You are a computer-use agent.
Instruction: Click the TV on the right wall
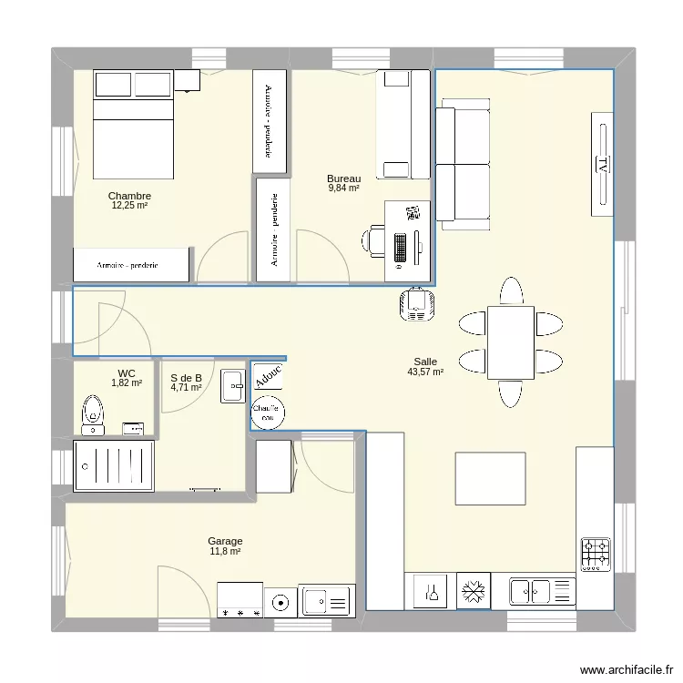(601, 164)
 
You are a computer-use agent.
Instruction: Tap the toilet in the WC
(92, 413)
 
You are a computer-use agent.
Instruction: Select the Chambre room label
(129, 196)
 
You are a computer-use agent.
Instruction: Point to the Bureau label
(343, 178)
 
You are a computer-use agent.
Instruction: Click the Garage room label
(225, 541)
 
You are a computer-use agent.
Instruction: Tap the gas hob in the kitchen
(596, 554)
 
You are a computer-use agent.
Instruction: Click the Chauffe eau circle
(268, 413)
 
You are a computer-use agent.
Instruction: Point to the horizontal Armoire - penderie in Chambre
(133, 265)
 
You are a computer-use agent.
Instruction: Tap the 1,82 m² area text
(127, 383)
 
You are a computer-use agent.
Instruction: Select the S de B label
(186, 377)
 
